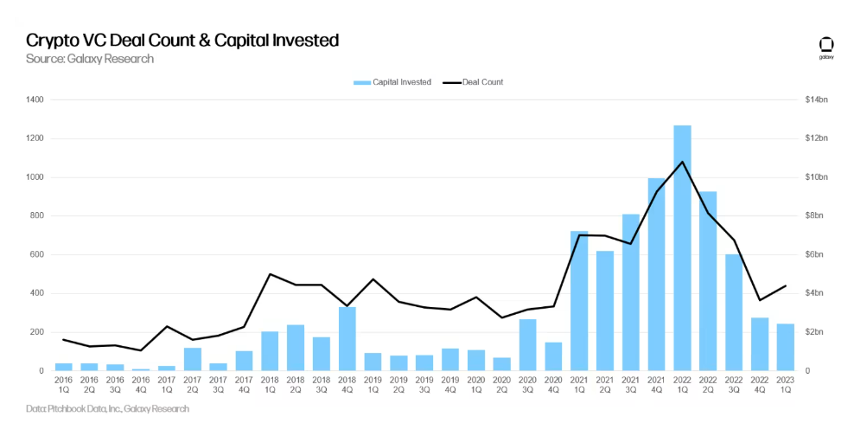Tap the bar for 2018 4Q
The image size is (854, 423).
pos(347,338)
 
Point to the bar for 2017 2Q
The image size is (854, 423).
pos(192,359)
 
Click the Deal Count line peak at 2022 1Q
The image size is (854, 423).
pos(682,162)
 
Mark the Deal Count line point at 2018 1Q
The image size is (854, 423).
pos(270,274)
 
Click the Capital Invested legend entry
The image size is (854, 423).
pos(392,82)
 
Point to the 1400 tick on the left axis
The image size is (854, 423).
pos(35,99)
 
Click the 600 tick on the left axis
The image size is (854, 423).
pos(38,254)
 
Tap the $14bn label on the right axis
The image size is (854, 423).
pos(816,99)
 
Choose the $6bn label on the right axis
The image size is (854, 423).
pos(814,254)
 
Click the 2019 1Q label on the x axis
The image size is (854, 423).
pos(373,384)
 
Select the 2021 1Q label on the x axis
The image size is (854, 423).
pos(579,384)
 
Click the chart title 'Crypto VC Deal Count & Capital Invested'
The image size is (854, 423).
pos(182,40)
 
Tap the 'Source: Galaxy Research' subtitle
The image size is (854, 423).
pos(90,59)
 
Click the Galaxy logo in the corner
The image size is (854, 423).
pos(825,47)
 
